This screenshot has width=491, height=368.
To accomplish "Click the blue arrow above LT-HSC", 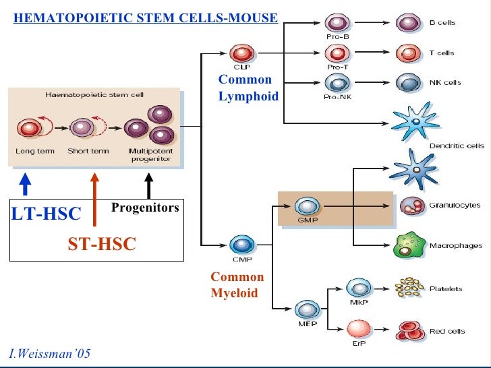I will [x=24, y=184].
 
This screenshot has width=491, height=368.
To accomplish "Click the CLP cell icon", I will [x=239, y=54].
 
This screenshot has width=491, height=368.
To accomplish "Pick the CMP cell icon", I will [x=239, y=245].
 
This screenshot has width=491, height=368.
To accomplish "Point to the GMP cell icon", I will [x=307, y=206].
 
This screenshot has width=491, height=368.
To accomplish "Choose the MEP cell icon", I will [x=307, y=309].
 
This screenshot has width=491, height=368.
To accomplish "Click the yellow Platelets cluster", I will [x=409, y=288].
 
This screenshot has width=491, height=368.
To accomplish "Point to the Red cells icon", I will [x=410, y=331].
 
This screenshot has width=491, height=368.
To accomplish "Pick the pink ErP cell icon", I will [x=358, y=330].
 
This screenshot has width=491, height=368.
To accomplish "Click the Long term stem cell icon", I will [x=29, y=128].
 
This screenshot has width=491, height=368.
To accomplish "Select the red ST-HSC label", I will [x=102, y=245].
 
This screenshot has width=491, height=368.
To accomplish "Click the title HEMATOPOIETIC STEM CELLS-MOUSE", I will [x=146, y=18].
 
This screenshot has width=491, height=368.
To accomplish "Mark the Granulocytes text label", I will [x=455, y=205].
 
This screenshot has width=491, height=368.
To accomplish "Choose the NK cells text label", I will [x=445, y=83].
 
